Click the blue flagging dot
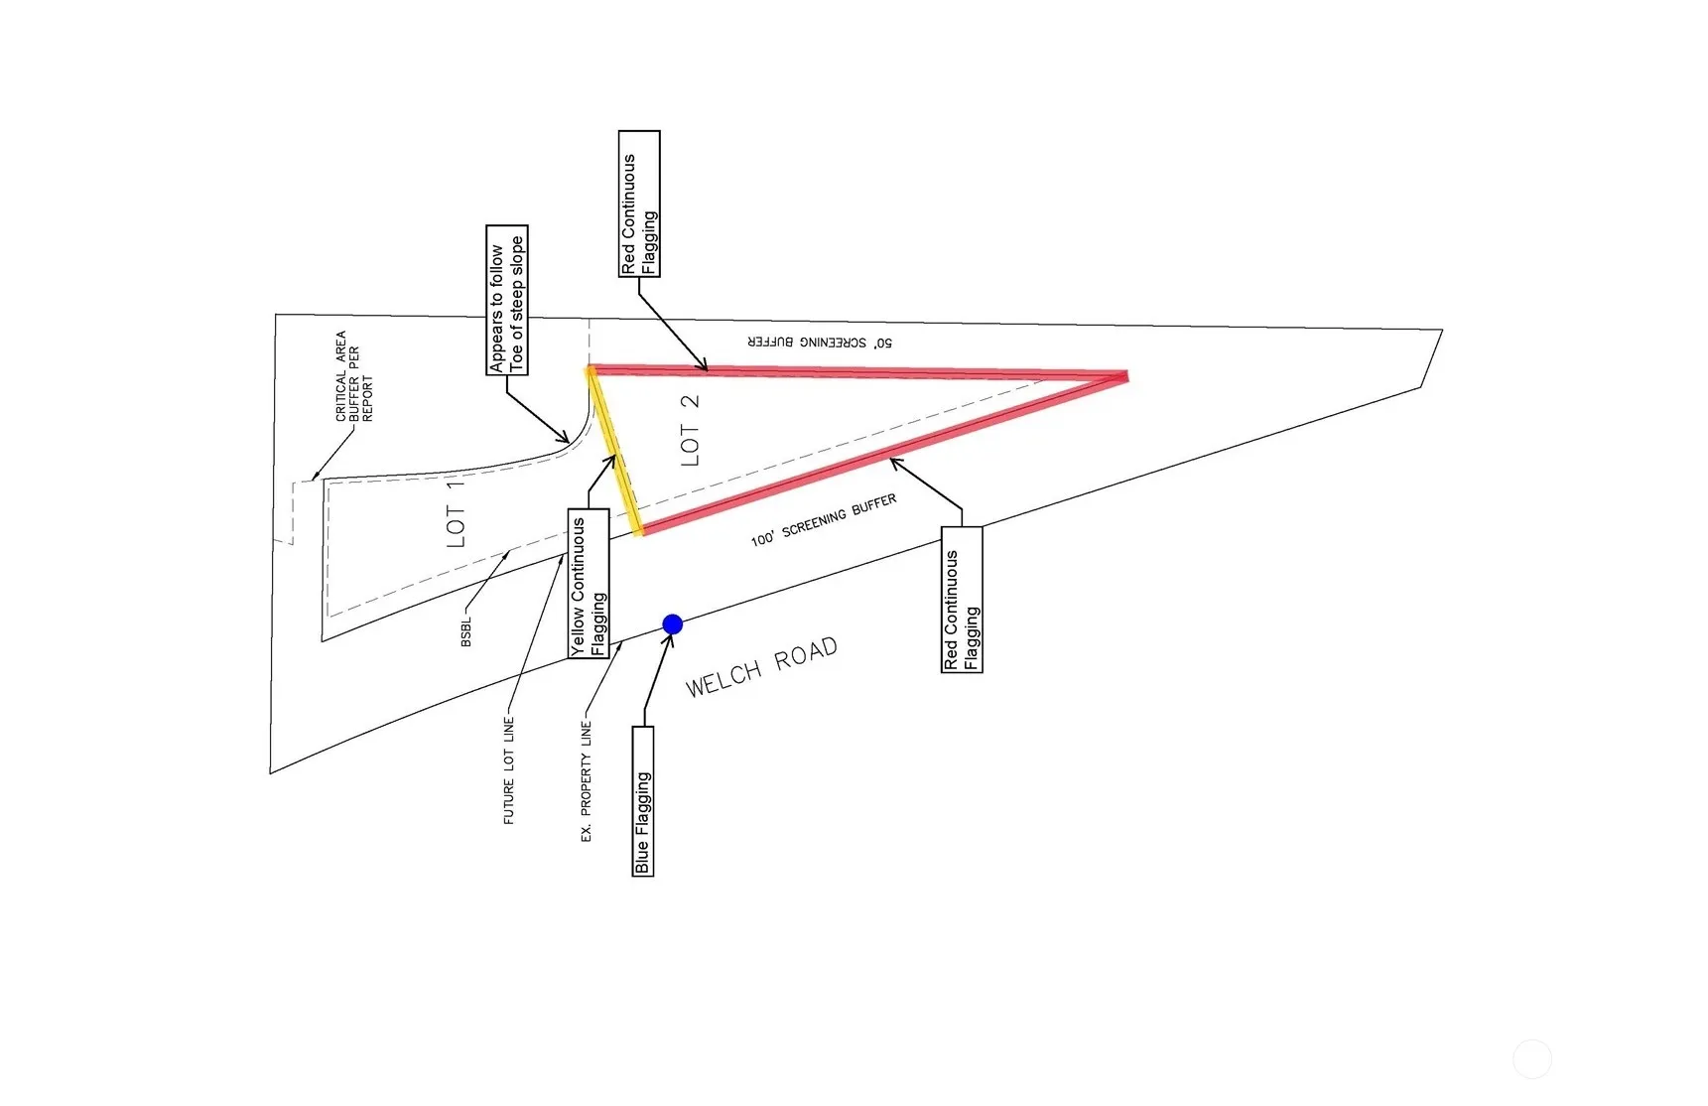coord(672,623)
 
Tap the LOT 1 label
coord(456,512)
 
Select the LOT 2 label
coord(690,430)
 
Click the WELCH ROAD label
coord(761,667)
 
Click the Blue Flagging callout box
coord(643,800)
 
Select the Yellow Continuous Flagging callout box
coord(589,583)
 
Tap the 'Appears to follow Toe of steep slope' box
coord(507,300)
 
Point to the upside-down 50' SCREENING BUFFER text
coord(820,343)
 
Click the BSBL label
coord(466,631)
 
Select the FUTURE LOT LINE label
coord(509,770)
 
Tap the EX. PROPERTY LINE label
coord(586,783)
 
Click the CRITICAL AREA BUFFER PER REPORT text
coord(354,376)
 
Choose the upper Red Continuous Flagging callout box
coord(639,204)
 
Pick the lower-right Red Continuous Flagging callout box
coord(962,599)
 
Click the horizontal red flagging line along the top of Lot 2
coord(854,372)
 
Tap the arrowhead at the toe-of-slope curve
coord(563,437)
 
